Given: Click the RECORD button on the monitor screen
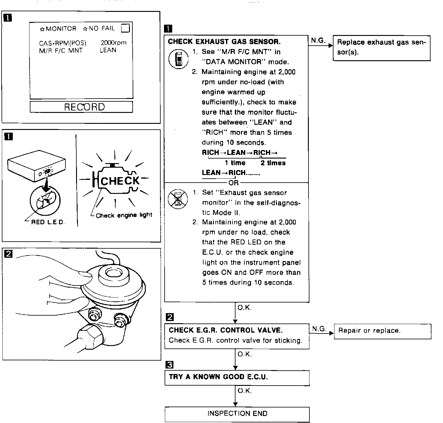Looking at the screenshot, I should tap(81, 107).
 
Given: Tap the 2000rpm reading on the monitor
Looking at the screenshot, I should tap(113, 43).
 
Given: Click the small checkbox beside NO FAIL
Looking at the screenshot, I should tap(125, 28).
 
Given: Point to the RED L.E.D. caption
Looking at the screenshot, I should tap(48, 222).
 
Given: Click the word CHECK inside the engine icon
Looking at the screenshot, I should tap(120, 181).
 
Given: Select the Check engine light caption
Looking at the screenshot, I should tap(124, 215).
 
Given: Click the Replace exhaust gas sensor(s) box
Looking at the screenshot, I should tap(382, 47).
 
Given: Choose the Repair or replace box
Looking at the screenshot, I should tap(382, 331).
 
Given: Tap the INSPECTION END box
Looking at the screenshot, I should tap(237, 413).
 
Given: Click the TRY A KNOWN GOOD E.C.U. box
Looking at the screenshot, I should tap(237, 377).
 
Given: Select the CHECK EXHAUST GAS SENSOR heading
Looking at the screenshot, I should tap(224, 42).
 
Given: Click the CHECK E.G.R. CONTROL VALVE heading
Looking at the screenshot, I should tap(225, 330).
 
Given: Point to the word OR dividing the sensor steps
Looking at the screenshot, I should tap(233, 183).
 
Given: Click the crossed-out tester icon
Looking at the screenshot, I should tap(178, 199).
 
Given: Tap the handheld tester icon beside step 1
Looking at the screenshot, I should tap(178, 59).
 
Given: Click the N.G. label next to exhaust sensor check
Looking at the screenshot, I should tap(318, 40).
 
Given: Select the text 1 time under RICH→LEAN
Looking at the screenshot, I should tap(235, 163).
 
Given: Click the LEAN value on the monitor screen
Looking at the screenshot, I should tap(108, 50).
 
